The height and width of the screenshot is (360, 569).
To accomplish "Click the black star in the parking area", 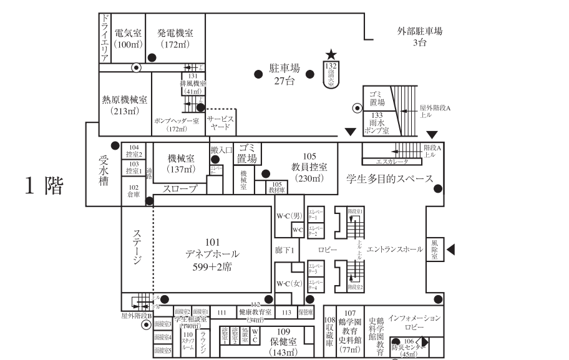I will (x=331, y=56).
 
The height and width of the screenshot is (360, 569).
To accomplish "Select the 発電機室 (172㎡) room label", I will (x=175, y=39).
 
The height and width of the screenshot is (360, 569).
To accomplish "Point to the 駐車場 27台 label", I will (x=284, y=74).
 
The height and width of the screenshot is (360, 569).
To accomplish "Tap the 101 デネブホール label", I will (x=212, y=253).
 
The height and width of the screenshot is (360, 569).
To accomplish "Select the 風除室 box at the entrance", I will (x=434, y=250).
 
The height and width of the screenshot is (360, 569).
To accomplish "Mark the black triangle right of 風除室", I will (x=452, y=250).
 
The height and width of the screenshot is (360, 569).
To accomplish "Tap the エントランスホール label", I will (x=395, y=250).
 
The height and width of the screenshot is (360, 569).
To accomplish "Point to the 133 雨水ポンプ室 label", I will (x=377, y=123).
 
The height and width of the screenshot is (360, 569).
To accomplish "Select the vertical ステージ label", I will (x=137, y=247).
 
